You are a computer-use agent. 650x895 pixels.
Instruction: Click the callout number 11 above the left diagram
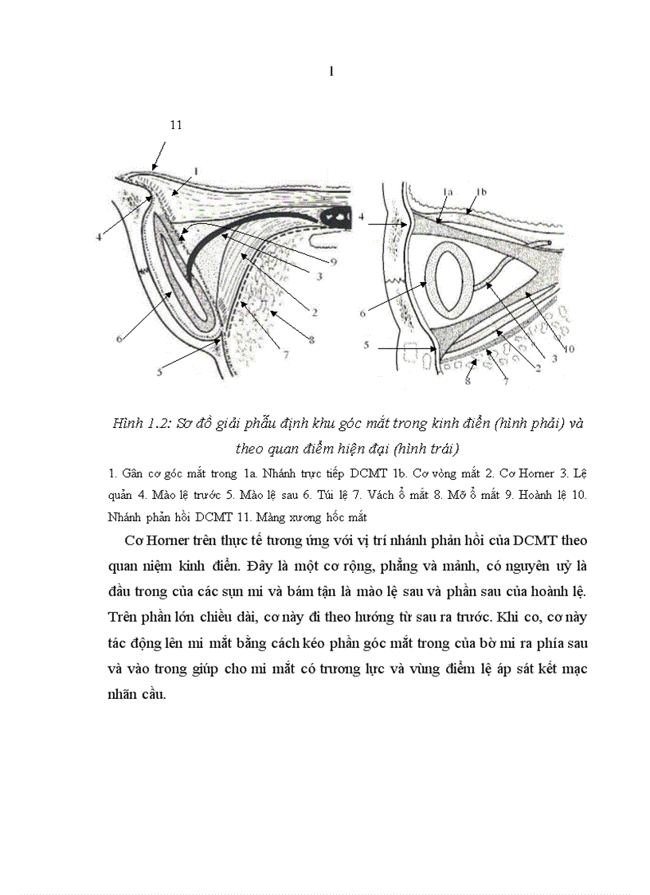click(176, 124)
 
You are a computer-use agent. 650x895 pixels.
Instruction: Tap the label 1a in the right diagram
click(448, 191)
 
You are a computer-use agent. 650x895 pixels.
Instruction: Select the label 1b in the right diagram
click(480, 191)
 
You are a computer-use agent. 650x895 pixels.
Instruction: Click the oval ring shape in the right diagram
click(450, 286)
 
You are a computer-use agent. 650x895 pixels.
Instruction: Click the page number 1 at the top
click(331, 72)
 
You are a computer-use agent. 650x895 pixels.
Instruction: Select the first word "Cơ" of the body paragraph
click(135, 540)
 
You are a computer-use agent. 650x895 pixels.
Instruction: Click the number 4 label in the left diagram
click(99, 236)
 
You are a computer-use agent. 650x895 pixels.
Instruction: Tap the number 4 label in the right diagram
click(361, 215)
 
